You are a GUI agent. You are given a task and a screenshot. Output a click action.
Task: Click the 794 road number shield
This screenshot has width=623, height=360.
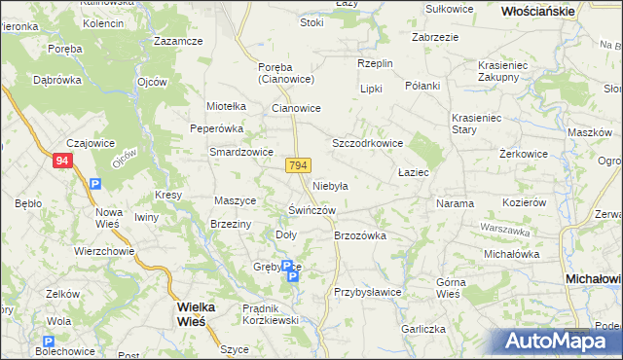[x=299, y=167]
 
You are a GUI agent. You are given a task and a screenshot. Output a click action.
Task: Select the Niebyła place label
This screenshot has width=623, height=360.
[x=330, y=185]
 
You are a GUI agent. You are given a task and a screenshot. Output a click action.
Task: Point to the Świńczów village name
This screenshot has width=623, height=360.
[x=312, y=210]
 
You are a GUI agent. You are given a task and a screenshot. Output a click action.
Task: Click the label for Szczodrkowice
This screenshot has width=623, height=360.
[x=368, y=143]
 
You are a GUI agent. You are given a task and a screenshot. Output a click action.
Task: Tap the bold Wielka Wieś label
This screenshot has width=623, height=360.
[x=202, y=312]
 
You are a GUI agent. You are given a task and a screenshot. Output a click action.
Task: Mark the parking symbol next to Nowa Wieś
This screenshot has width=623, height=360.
[x=94, y=183]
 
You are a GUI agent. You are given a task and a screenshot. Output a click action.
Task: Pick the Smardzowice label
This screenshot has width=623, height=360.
[x=241, y=152]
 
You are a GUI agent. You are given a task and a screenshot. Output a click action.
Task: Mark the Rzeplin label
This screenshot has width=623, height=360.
[x=375, y=63]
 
